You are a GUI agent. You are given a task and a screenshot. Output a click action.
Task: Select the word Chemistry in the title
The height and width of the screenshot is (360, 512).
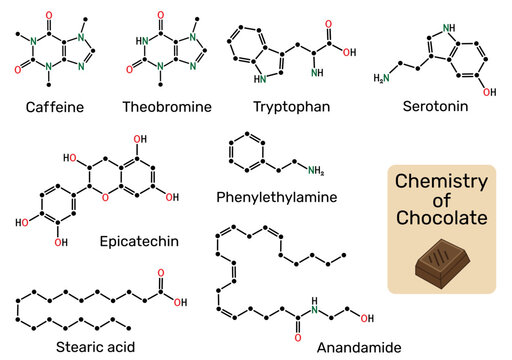(441, 181)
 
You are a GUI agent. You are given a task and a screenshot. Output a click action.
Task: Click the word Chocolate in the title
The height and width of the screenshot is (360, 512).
(441, 217)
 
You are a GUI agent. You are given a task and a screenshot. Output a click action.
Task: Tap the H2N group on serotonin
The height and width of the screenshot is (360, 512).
(382, 78)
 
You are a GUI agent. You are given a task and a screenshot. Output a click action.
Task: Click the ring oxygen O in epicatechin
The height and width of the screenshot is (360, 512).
(105, 198)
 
